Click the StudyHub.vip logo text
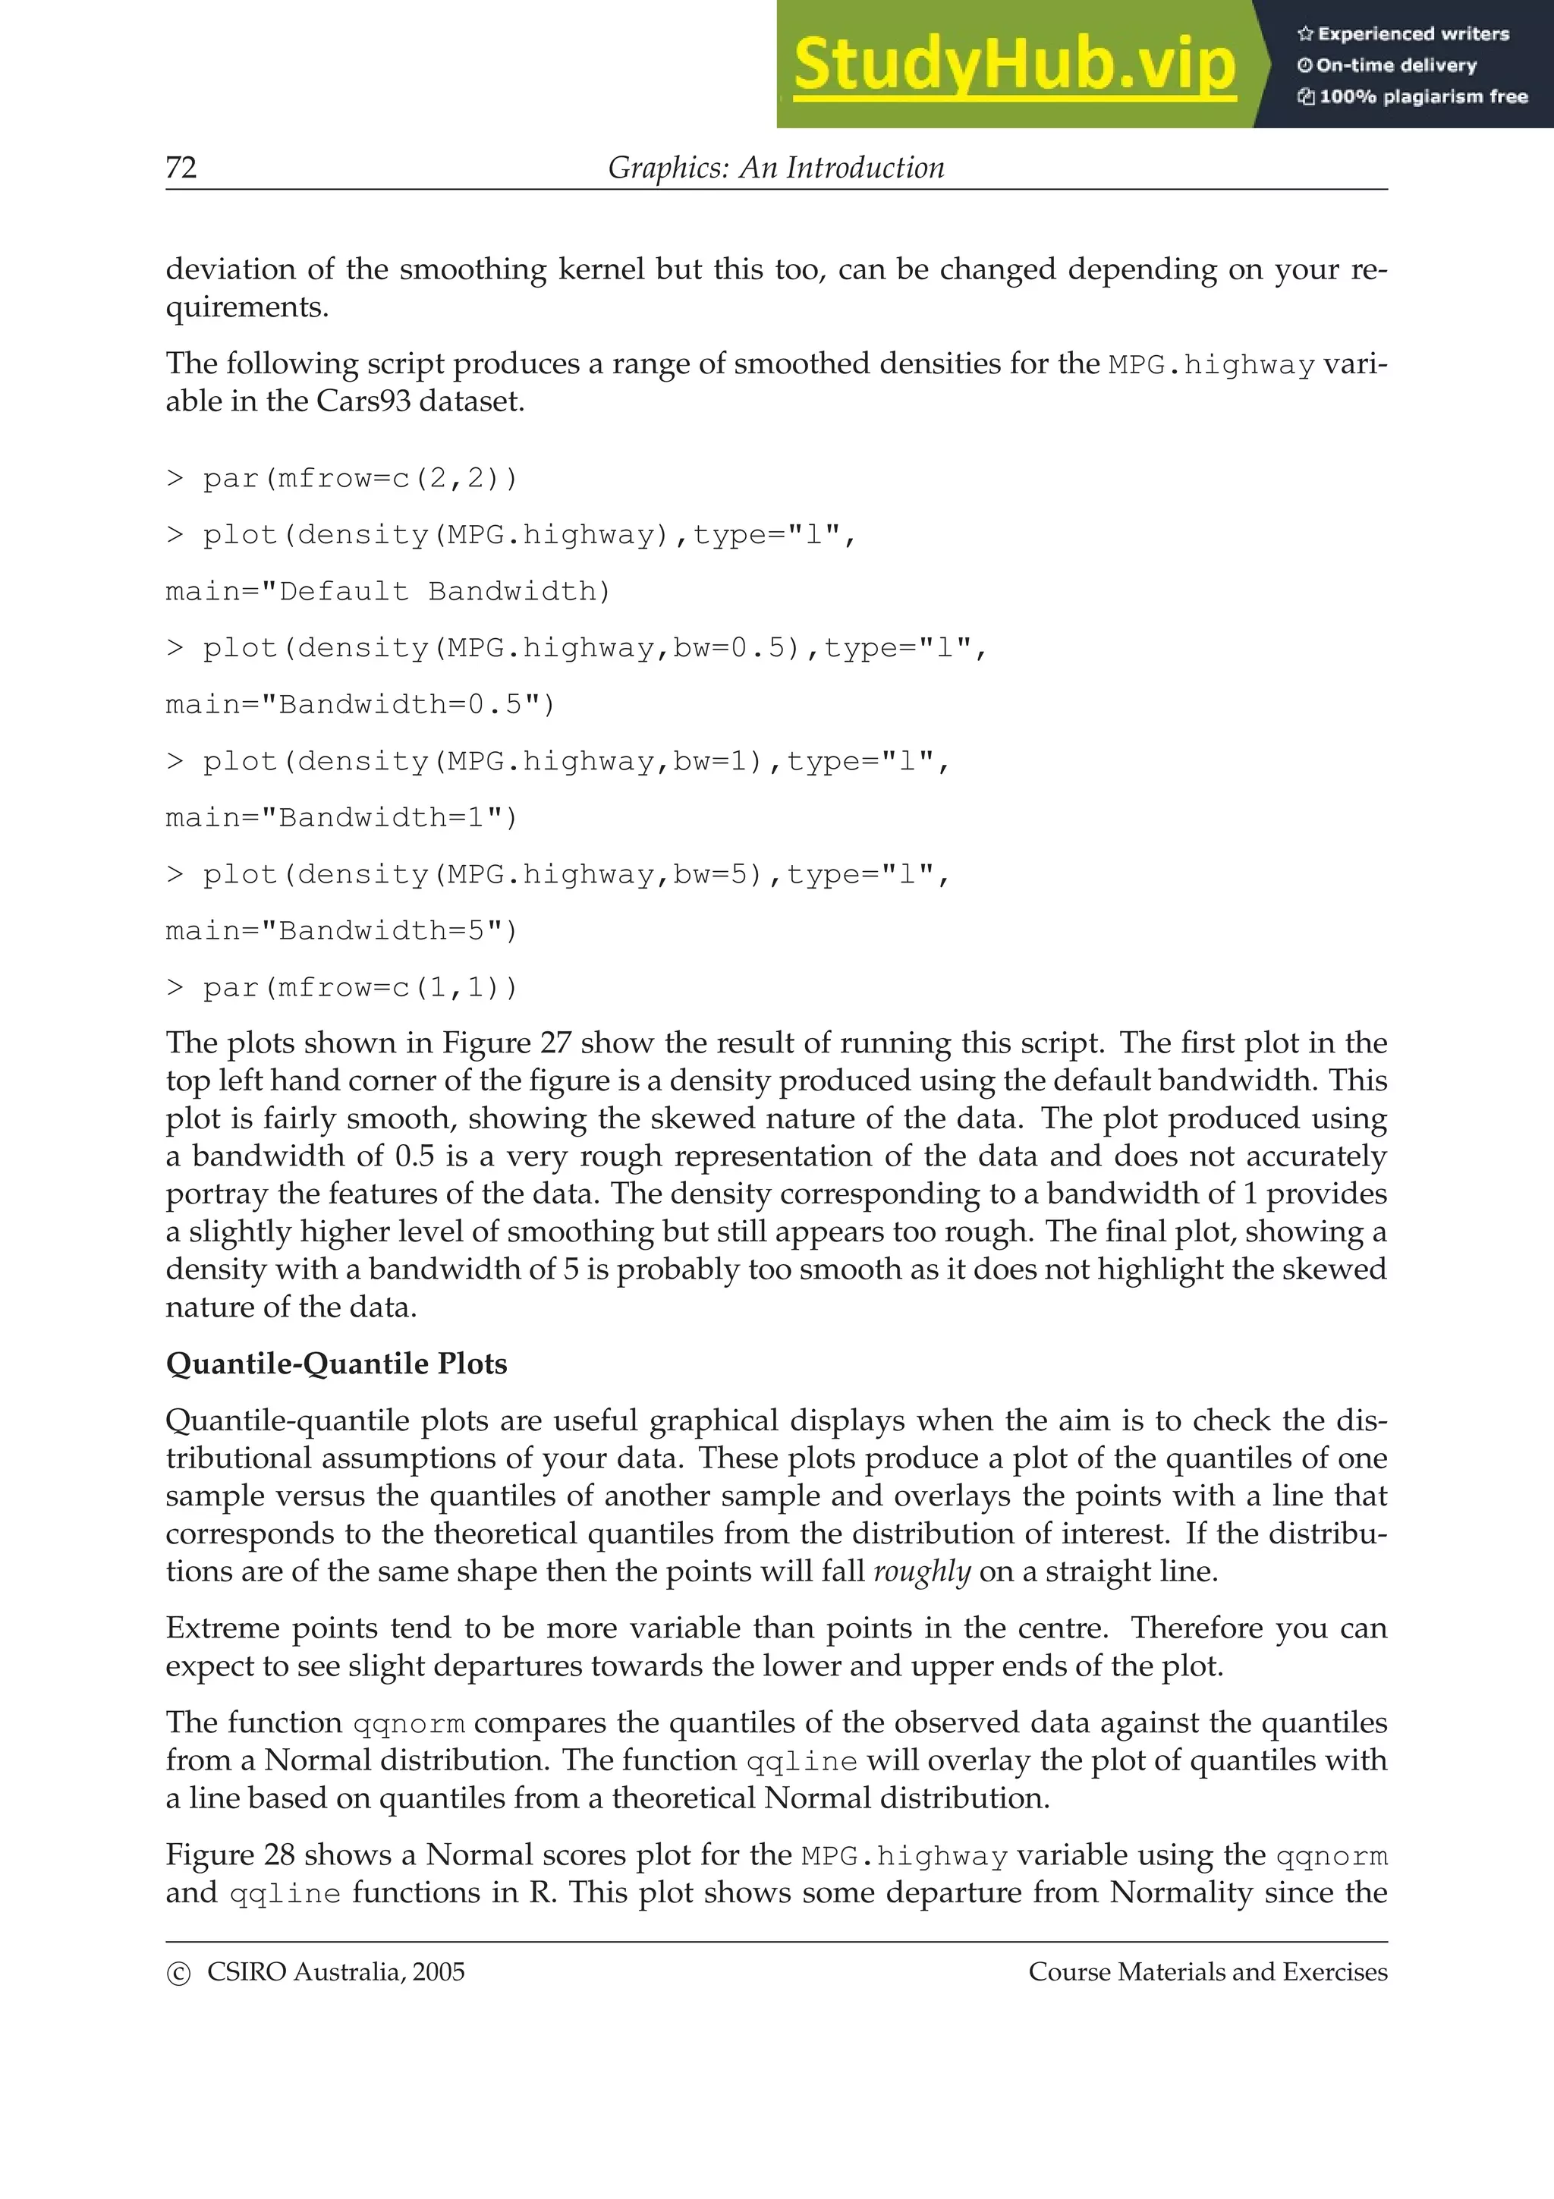1013,65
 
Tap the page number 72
181,168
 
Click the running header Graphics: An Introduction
775,168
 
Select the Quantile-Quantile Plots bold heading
336,1363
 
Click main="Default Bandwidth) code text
388,591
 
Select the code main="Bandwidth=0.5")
360,704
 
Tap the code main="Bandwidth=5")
341,930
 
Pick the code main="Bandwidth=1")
341,817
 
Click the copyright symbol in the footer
178,1974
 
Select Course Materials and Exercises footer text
1207,1972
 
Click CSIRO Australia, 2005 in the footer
335,1972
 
